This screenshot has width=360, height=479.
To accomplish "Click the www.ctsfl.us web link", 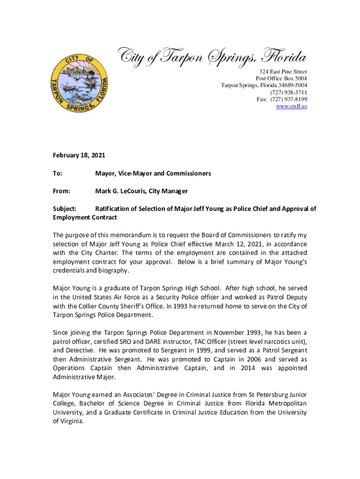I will pos(291,107).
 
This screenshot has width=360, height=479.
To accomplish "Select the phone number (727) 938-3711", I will pos(291,92).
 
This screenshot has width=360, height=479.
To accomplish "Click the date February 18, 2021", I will pos(79,154).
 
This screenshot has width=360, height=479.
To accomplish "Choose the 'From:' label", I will pos(61,191).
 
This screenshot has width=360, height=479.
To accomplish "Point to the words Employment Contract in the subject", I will pos(85,218).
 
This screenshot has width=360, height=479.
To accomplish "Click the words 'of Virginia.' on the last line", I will pos(68,421).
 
